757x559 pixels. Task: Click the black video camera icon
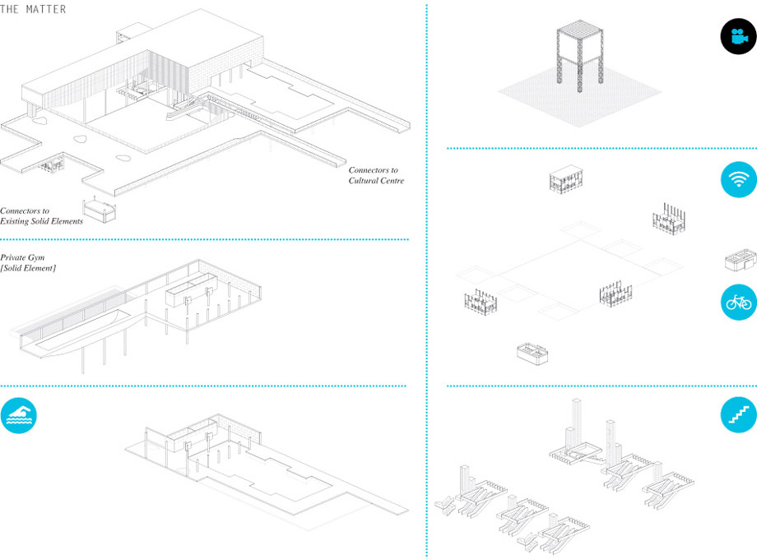click(738, 36)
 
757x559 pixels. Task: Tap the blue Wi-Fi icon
click(739, 179)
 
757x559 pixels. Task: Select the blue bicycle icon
click(739, 302)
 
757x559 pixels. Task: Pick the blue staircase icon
click(739, 415)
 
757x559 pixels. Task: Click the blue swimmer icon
click(19, 415)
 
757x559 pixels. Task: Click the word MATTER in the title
click(46, 9)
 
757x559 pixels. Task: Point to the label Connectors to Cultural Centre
click(376, 176)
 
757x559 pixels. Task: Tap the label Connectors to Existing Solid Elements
click(41, 216)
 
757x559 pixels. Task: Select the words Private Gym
click(22, 257)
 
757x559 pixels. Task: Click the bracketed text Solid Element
click(28, 268)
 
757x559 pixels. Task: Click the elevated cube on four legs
click(580, 54)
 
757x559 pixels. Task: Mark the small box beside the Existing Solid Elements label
click(100, 210)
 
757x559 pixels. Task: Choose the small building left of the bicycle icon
click(741, 261)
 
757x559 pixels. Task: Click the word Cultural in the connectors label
click(364, 181)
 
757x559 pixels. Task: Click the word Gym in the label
click(36, 257)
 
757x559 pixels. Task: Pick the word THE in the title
click(11, 9)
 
